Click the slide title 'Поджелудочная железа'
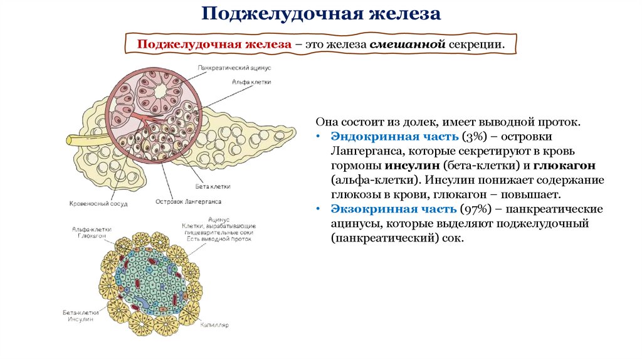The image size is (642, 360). [x=321, y=14]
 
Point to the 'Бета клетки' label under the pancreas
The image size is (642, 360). [x=213, y=187]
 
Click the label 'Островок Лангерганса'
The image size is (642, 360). [x=188, y=202]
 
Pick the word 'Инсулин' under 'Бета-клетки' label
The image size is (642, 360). [x=80, y=319]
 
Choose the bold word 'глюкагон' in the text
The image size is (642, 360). [x=564, y=166]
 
